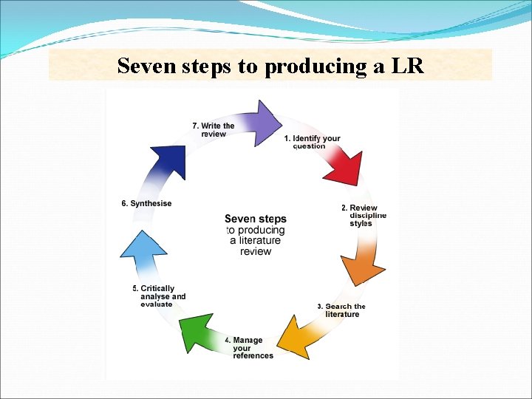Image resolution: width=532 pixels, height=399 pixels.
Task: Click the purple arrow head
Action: coord(265,122)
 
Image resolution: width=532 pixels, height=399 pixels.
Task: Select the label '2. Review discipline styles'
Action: coord(364,216)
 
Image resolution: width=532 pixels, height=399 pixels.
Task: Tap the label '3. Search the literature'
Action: coord(341,310)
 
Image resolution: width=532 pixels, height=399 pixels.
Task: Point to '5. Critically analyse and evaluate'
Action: coord(160,296)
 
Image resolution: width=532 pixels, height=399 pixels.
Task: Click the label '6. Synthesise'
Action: coord(146,204)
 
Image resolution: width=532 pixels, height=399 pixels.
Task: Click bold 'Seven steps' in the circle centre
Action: coord(255,219)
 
